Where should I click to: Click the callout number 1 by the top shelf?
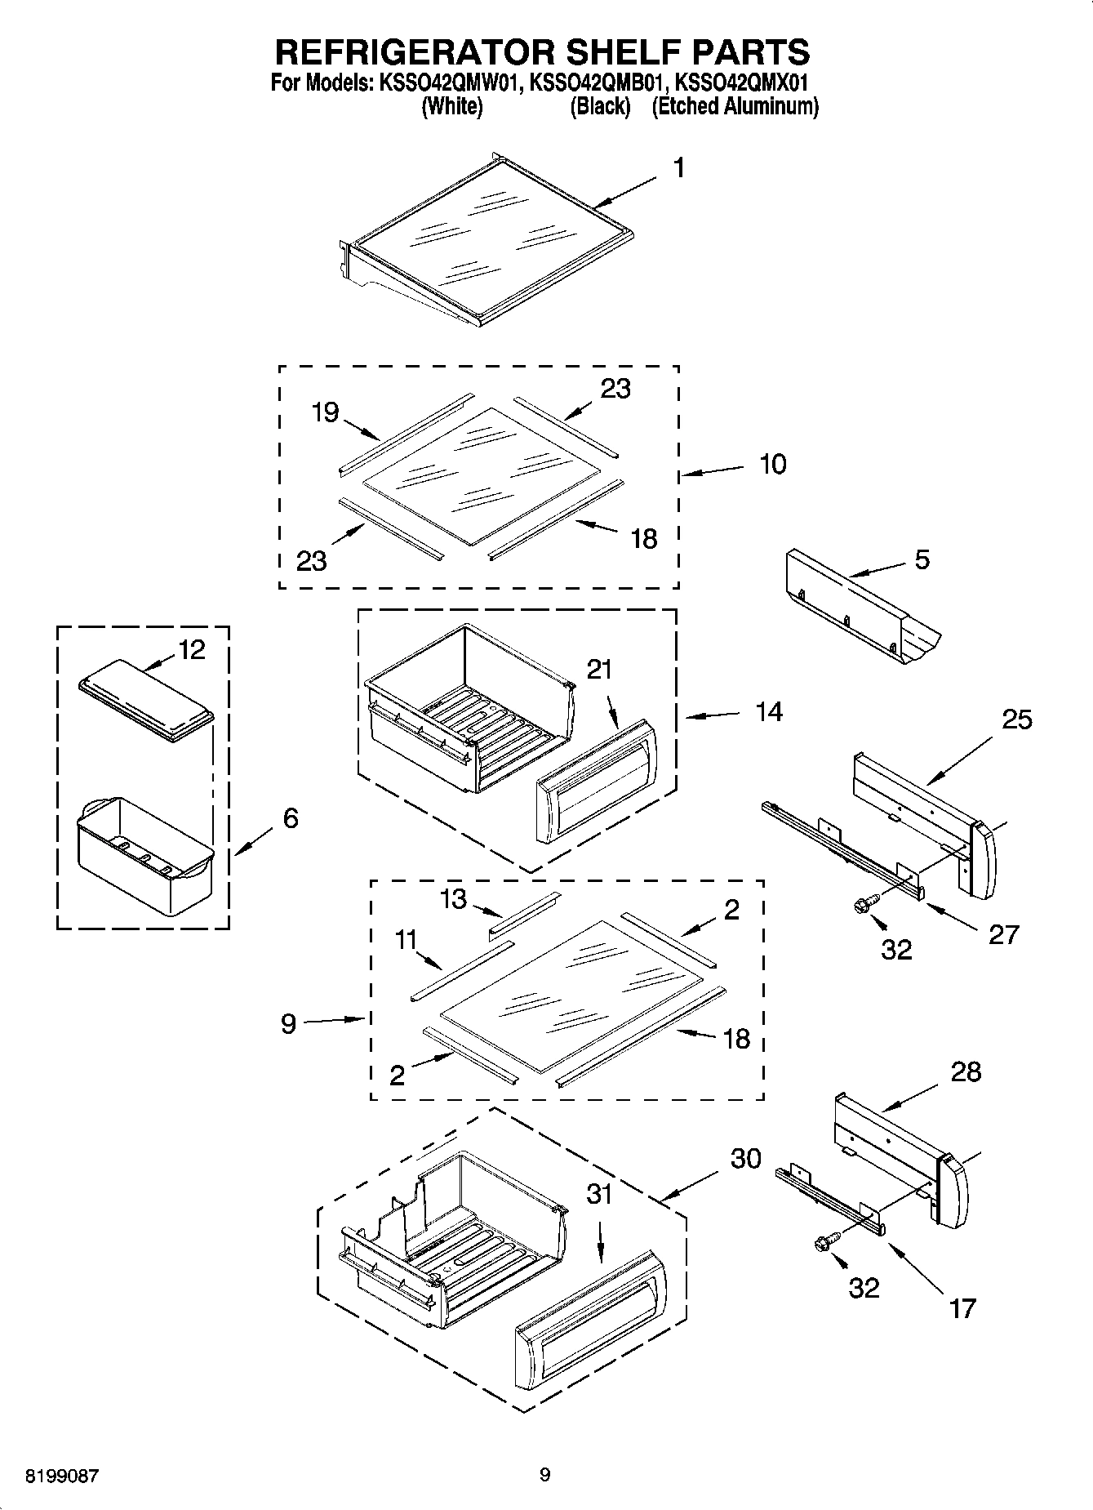(678, 168)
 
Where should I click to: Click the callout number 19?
(325, 412)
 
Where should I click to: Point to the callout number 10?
(772, 464)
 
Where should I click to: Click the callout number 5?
(922, 560)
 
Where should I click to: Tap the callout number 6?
(291, 817)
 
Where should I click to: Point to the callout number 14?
(768, 712)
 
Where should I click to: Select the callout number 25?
(1016, 719)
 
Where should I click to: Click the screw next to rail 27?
(864, 904)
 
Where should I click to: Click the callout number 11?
(406, 940)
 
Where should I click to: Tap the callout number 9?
(288, 1023)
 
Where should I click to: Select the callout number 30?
(745, 1158)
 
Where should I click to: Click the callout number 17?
(962, 1308)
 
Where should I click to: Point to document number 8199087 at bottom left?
(63, 1477)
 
